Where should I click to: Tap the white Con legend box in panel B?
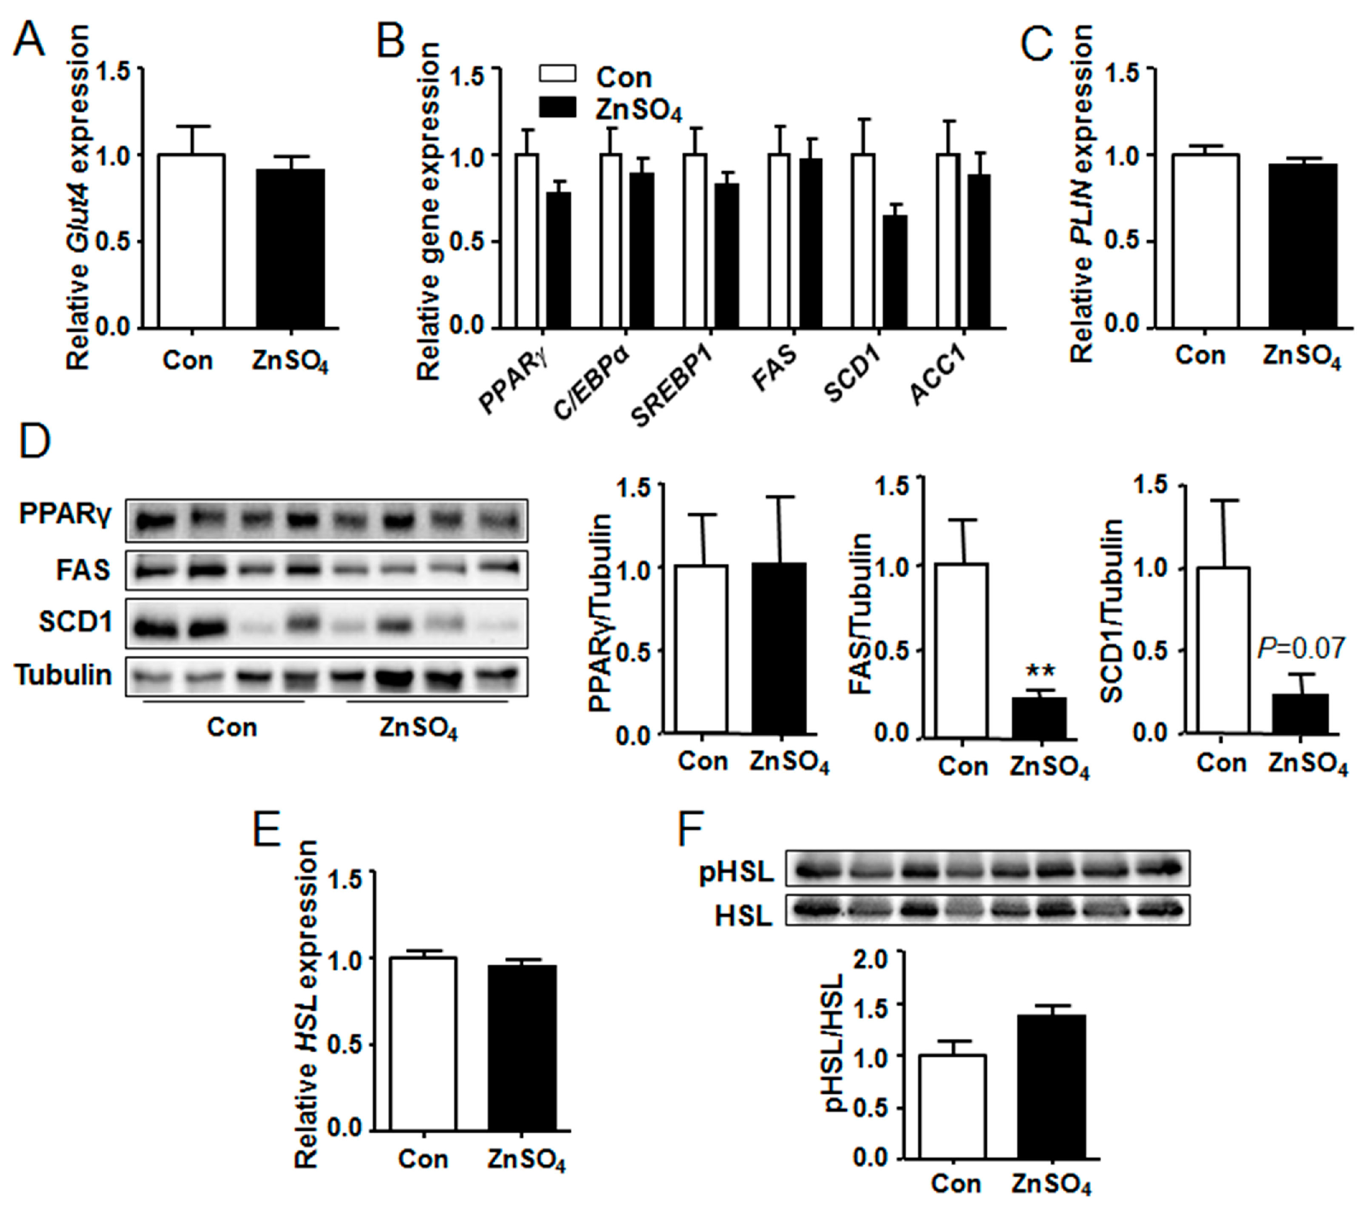pyautogui.click(x=557, y=74)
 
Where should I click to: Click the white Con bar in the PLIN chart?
pyautogui.click(x=1204, y=241)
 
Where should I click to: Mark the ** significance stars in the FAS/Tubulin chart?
pyautogui.click(x=1041, y=671)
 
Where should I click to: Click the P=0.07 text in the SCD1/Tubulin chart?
pyautogui.click(x=1301, y=648)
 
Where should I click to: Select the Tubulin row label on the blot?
pyautogui.click(x=64, y=675)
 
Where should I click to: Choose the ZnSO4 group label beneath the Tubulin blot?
pyautogui.click(x=418, y=728)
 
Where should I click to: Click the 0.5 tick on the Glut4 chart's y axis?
pyautogui.click(x=114, y=242)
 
